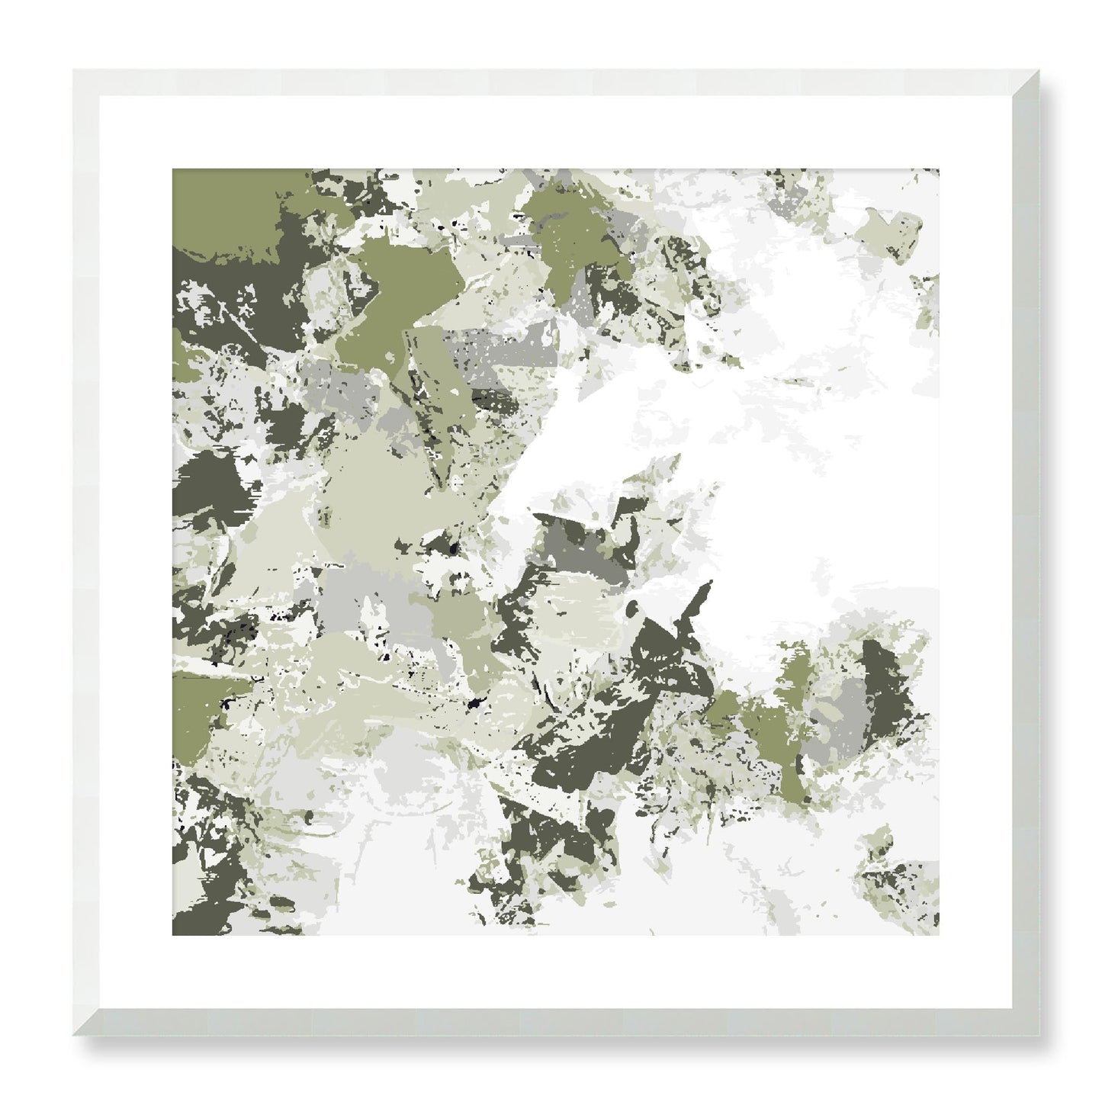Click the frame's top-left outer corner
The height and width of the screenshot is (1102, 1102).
73,70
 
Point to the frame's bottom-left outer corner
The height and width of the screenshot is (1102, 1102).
73,1035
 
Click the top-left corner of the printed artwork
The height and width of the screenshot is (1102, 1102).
172,169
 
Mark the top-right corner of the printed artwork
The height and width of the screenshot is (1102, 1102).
939,169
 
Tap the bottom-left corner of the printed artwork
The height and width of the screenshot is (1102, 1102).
172,936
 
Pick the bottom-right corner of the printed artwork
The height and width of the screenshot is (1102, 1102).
939,936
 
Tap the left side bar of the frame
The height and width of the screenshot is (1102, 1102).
86,552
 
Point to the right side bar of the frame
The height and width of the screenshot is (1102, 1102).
1027,552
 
